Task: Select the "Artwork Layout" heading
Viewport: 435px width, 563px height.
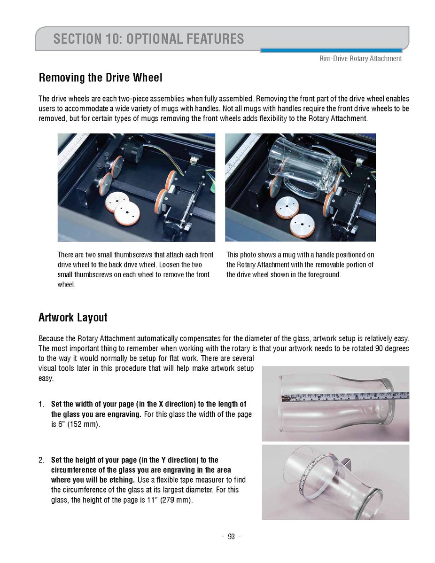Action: (x=73, y=318)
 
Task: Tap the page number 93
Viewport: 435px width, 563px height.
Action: (x=231, y=537)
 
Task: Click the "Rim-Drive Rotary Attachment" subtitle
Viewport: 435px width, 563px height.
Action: (x=360, y=59)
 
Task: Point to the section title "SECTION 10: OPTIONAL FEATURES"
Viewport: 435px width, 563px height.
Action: (x=148, y=39)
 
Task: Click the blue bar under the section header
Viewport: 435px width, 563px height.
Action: (x=331, y=50)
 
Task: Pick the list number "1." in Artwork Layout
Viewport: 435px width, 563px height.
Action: (x=41, y=404)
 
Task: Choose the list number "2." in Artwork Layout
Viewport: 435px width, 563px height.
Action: (x=41, y=460)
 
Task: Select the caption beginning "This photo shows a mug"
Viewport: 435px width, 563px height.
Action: (x=300, y=265)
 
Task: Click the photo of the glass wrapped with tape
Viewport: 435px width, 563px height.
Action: (x=335, y=482)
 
